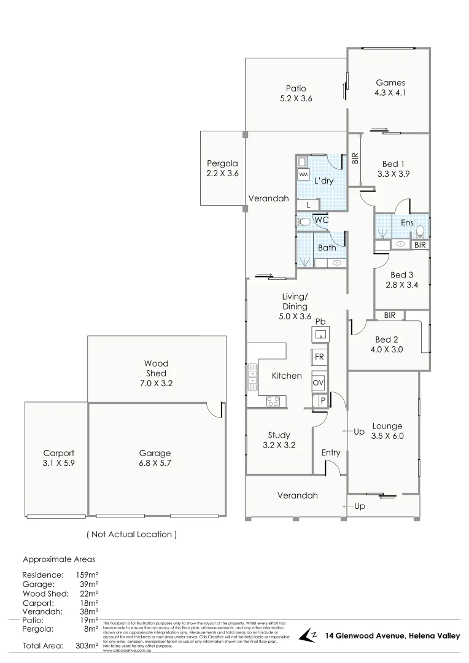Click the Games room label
(390, 83)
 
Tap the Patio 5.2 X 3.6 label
(296, 93)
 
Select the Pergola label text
(222, 163)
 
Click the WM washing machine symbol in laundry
(303, 175)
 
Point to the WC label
(321, 220)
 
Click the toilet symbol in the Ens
(420, 231)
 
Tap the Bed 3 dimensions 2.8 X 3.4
(402, 285)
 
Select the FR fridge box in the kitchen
(319, 357)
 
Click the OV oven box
(319, 382)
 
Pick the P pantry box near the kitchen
(323, 401)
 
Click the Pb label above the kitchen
(320, 322)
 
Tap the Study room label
(279, 435)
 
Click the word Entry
(331, 452)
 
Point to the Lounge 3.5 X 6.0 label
(387, 431)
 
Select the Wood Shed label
(156, 368)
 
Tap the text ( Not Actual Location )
(132, 534)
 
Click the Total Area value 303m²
(86, 646)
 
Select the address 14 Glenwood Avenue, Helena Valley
(392, 636)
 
